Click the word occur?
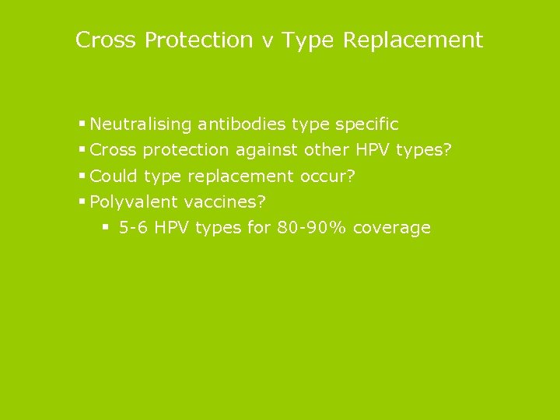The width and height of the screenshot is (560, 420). [x=327, y=177]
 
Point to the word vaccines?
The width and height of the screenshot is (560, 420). [x=225, y=202]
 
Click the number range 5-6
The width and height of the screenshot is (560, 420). [x=135, y=228]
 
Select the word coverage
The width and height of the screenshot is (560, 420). [x=391, y=229]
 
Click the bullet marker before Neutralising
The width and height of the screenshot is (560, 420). [x=82, y=124]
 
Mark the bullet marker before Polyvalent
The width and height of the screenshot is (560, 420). [x=82, y=201]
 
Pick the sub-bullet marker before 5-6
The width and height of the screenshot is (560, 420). [x=106, y=227]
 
